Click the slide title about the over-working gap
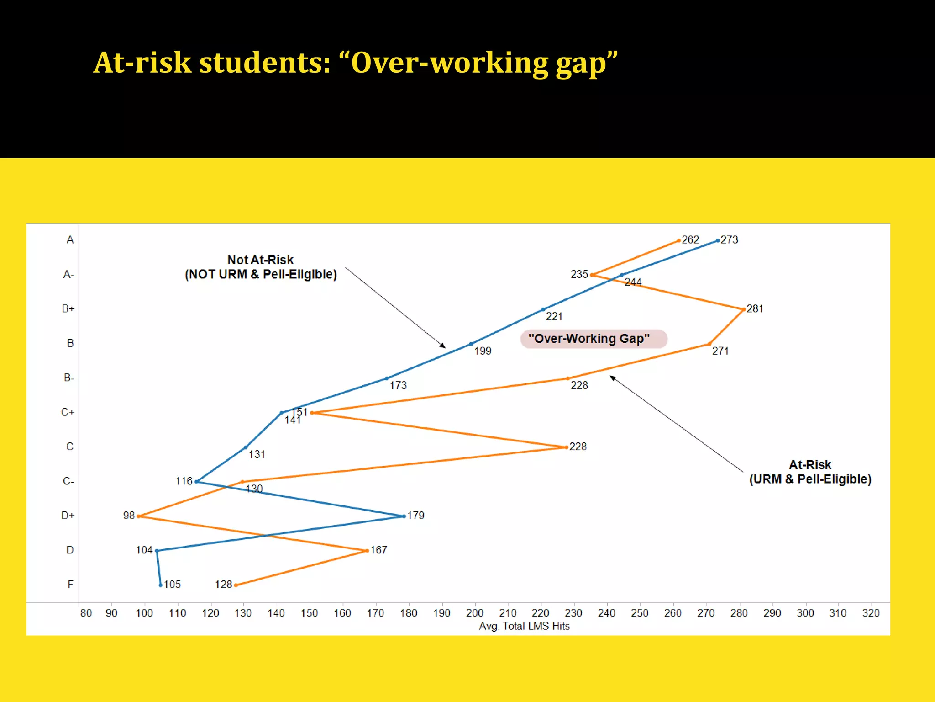pyautogui.click(x=355, y=63)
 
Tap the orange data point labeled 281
pyautogui.click(x=743, y=309)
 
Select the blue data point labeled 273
pyautogui.click(x=718, y=240)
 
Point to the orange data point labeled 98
pyautogui.click(x=139, y=516)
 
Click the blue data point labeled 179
pyautogui.click(x=404, y=516)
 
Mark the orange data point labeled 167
pyautogui.click(x=367, y=550)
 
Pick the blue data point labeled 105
pyautogui.click(x=160, y=585)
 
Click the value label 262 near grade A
pyautogui.click(x=690, y=239)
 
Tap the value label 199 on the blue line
pyautogui.click(x=483, y=351)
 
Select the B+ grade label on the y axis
pyautogui.click(x=68, y=309)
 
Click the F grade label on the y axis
pyautogui.click(x=70, y=585)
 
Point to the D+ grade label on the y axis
pyautogui.click(x=68, y=516)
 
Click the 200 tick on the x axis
pyautogui.click(x=474, y=613)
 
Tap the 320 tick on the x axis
pyautogui.click(x=871, y=613)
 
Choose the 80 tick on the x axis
pyautogui.click(x=86, y=613)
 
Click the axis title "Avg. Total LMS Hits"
pyautogui.click(x=524, y=626)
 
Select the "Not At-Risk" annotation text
pyautogui.click(x=260, y=260)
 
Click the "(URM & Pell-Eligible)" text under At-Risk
pyautogui.click(x=810, y=479)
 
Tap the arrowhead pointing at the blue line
pyautogui.click(x=443, y=346)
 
